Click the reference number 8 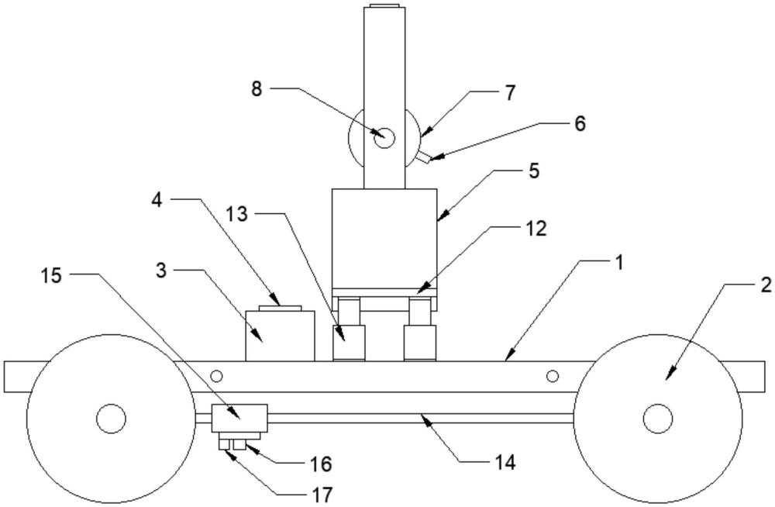pyautogui.click(x=256, y=88)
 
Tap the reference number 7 pyautogui.click(x=509, y=93)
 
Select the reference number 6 pyautogui.click(x=580, y=122)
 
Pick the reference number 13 pyautogui.click(x=238, y=215)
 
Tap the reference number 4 pyautogui.click(x=157, y=199)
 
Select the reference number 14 pyautogui.click(x=505, y=463)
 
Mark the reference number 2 pyautogui.click(x=766, y=285)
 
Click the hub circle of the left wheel pyautogui.click(x=112, y=419)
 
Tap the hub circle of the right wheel pyautogui.click(x=657, y=419)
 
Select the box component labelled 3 pyautogui.click(x=280, y=335)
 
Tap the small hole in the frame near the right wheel pyautogui.click(x=552, y=377)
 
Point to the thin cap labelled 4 pyautogui.click(x=279, y=308)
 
